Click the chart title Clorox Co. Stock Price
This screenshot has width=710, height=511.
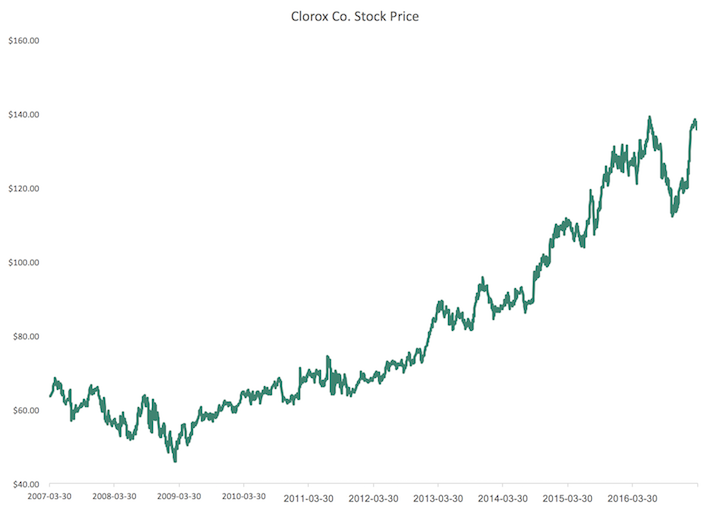coord(355,16)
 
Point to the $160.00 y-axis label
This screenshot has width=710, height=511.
coord(22,41)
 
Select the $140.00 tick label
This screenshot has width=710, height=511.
coord(22,115)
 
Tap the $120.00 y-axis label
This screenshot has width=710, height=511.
coord(22,189)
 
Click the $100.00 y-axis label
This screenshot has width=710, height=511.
coord(22,263)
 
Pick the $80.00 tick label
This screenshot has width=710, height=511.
coord(24,337)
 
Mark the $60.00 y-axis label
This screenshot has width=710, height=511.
coord(24,411)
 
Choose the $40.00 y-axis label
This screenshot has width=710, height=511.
coord(24,485)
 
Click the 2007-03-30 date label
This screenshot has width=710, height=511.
coord(50,497)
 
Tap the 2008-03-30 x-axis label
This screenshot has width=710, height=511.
coord(115,497)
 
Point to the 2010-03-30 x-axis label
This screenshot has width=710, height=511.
coord(244,497)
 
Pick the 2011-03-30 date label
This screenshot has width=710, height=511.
coord(308,497)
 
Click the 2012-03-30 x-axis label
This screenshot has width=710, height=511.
coord(373,497)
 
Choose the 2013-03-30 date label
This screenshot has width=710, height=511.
coord(438,497)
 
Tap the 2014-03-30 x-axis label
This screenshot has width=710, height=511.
coord(502,497)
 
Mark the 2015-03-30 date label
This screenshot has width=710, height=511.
coord(567,497)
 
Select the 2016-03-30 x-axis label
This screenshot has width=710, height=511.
coord(631,497)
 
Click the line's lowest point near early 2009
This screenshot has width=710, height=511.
coord(175,460)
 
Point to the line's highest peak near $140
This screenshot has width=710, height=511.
coord(650,117)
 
